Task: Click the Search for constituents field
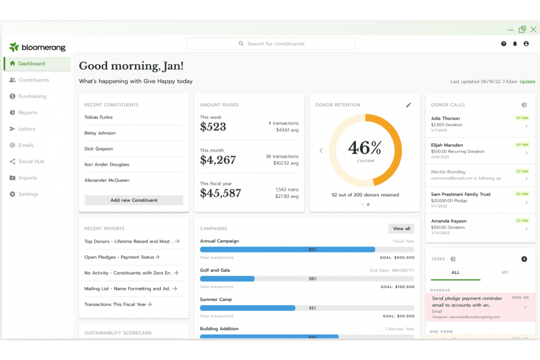271,44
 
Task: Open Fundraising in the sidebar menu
32,96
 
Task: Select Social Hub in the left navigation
31,162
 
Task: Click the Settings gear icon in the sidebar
12,194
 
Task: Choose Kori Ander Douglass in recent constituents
107,164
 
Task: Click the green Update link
527,82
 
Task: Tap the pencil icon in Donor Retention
409,105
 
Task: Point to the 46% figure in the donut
365,148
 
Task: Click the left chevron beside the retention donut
321,151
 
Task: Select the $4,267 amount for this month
218,160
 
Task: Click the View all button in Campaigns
401,229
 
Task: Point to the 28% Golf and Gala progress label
313,279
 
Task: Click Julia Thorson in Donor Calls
445,119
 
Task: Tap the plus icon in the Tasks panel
524,259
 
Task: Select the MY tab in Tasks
505,272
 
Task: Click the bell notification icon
515,44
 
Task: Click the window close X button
533,30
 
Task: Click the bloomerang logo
37,47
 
